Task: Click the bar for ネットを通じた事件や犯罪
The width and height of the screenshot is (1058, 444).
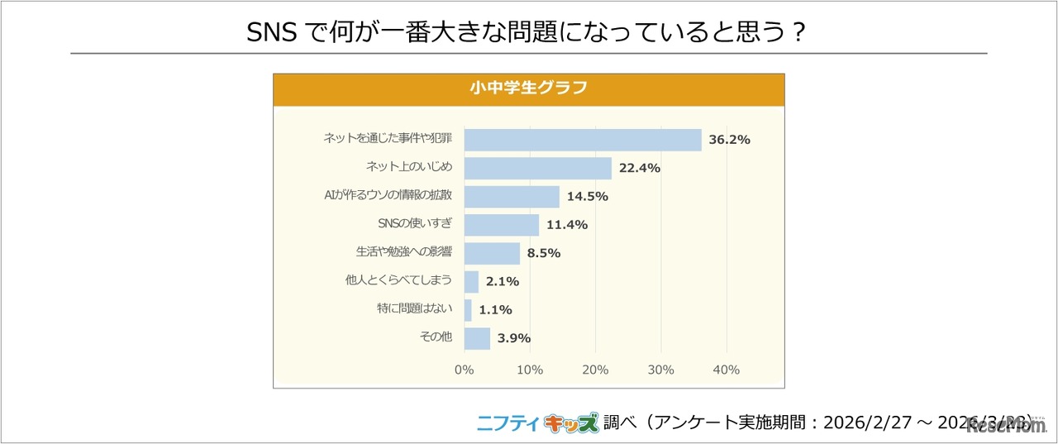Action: (583, 140)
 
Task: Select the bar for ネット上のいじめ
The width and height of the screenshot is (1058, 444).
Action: (537, 169)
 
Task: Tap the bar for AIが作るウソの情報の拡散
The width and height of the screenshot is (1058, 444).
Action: (512, 197)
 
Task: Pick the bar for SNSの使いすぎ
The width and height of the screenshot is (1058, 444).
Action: (501, 225)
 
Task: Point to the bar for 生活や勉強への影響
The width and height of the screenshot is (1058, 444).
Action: (492, 253)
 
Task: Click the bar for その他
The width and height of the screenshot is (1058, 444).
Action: (477, 338)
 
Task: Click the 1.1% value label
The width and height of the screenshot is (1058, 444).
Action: (496, 310)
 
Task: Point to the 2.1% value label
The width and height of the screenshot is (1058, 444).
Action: (503, 282)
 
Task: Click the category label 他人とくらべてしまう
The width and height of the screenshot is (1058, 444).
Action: (398, 281)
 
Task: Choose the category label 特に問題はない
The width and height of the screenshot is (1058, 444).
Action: (414, 309)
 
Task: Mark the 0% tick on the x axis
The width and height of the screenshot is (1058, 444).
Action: (465, 370)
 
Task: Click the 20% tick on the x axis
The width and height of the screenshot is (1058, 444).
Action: (595, 370)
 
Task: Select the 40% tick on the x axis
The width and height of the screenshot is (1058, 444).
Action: (726, 370)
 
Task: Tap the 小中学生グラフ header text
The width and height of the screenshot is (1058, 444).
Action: (528, 88)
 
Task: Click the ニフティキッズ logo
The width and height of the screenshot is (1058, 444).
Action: (537, 423)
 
